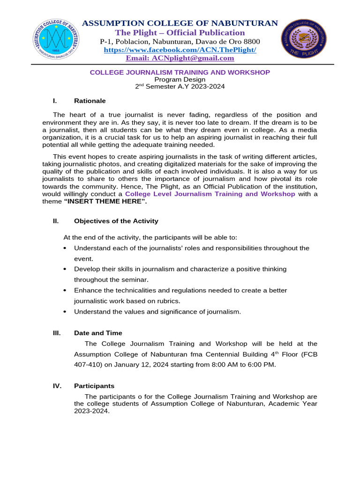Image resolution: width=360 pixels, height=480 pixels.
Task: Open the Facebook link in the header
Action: click(x=180, y=50)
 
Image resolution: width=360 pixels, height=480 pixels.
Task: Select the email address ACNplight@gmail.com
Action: click(x=180, y=58)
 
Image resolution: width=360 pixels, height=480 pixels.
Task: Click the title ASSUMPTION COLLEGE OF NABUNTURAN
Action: click(x=180, y=23)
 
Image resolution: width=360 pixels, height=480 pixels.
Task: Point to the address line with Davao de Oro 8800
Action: click(x=180, y=41)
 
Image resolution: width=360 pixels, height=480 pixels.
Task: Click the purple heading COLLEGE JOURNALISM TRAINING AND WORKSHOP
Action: click(x=180, y=72)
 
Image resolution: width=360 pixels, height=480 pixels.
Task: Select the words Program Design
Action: click(x=180, y=79)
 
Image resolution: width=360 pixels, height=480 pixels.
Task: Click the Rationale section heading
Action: click(x=90, y=101)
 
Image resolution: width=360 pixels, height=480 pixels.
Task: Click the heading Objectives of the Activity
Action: click(x=116, y=221)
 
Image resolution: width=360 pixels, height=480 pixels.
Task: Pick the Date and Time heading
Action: click(x=98, y=333)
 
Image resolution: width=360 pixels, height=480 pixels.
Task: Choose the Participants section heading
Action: click(x=94, y=386)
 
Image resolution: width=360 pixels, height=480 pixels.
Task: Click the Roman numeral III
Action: click(x=57, y=333)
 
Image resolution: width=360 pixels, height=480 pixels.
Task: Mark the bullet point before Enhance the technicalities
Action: click(x=64, y=291)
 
